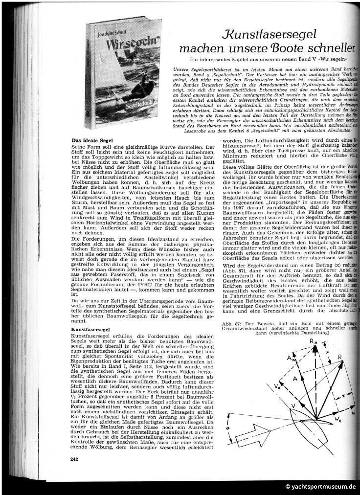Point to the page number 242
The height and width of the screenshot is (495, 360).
point(74,458)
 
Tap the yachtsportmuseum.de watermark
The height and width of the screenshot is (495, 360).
point(320,487)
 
